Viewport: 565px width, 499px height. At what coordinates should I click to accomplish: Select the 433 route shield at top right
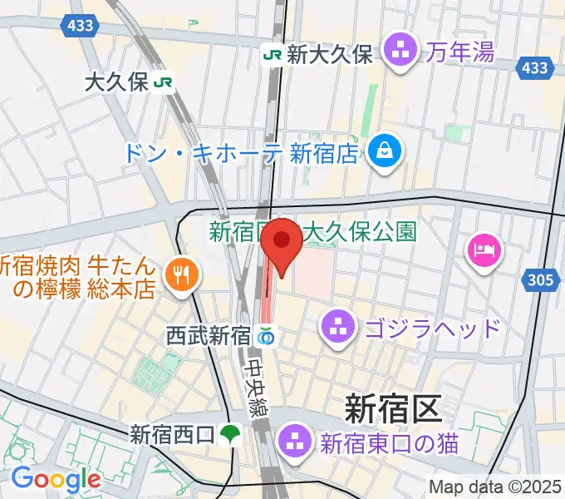[x=532, y=68]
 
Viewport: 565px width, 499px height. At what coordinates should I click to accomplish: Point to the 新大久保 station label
[x=329, y=55]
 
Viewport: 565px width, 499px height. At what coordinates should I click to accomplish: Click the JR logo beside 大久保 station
[x=167, y=82]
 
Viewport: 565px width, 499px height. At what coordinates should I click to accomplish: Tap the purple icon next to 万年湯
[x=403, y=53]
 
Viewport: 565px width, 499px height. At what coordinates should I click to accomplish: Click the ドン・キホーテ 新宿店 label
[x=242, y=152]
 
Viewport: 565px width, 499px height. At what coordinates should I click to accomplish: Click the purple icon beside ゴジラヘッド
[x=337, y=325]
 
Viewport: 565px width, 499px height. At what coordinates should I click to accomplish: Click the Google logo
[x=56, y=479]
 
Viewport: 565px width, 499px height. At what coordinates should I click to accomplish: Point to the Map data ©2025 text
[x=495, y=487]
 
